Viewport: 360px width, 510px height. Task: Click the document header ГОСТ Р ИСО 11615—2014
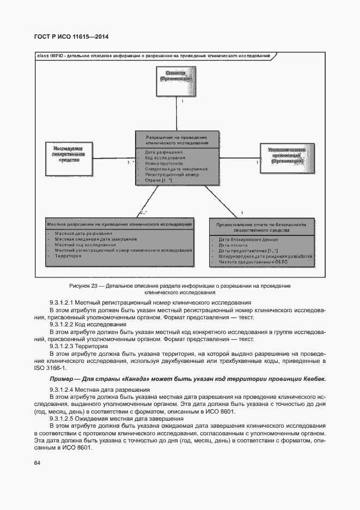(x=71, y=37)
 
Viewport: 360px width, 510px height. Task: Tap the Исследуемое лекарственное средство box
(x=68, y=154)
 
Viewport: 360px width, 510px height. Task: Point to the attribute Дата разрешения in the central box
(x=163, y=152)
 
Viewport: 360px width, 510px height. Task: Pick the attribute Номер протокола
(x=164, y=163)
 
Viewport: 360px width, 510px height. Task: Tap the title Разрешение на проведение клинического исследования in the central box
(x=178, y=139)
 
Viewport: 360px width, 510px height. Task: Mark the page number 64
(x=37, y=463)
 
